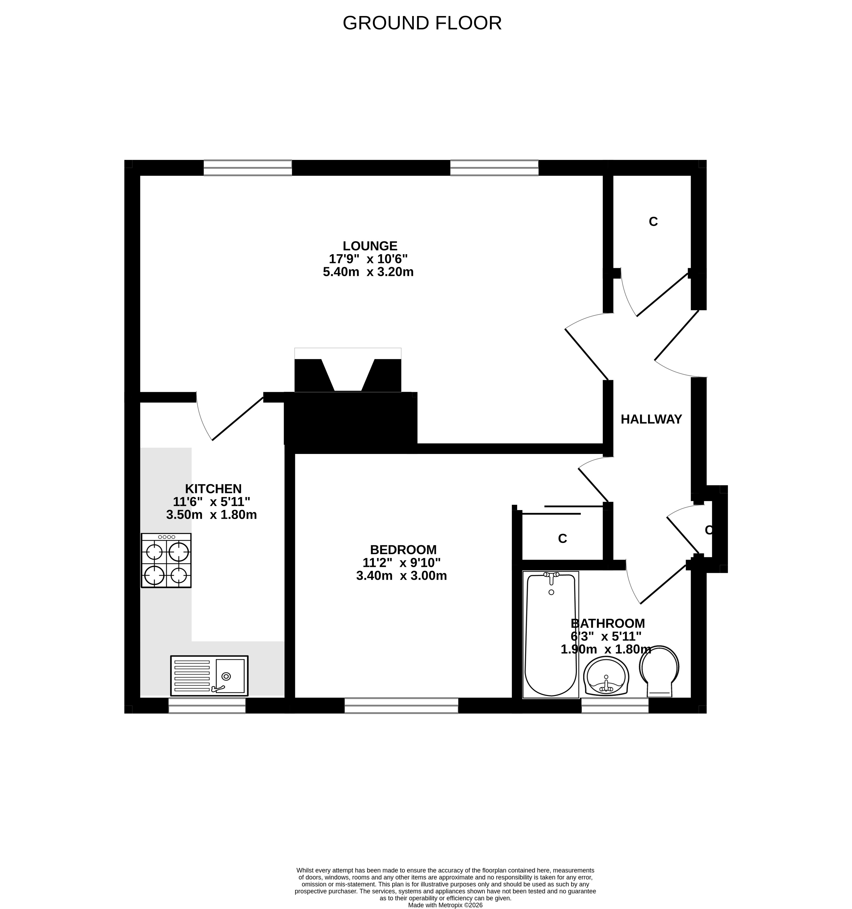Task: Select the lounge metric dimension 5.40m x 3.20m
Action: point(368,272)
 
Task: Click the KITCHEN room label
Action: point(213,489)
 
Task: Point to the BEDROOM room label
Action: point(403,550)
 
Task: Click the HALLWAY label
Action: point(651,419)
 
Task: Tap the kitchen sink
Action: point(209,676)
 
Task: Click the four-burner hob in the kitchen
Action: point(166,560)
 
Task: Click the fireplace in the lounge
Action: point(348,370)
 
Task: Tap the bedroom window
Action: point(401,706)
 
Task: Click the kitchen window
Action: point(207,706)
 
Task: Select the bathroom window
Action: point(615,706)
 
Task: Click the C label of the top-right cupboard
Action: point(653,222)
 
